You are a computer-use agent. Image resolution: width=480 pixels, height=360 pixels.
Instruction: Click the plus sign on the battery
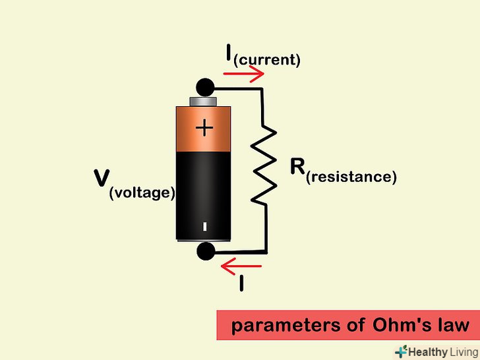204,128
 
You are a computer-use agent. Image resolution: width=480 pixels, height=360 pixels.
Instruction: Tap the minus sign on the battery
204,227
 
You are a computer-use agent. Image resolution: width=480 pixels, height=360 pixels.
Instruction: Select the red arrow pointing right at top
243,73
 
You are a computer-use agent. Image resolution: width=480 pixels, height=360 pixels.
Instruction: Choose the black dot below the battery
206,251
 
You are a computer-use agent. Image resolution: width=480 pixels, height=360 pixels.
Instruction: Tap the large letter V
102,178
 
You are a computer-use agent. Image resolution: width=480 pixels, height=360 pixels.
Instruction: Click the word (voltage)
142,193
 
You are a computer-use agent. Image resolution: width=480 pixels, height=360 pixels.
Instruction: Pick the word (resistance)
351,177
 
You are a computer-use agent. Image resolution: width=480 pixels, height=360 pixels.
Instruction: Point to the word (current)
267,60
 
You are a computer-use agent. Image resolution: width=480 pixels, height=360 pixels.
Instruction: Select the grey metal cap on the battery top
203,102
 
